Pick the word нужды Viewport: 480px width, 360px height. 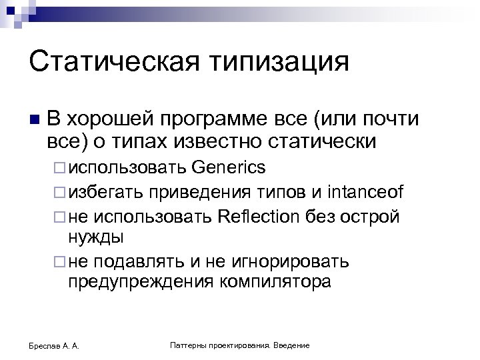(x=95, y=237)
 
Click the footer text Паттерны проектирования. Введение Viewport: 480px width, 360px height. (x=239, y=345)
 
